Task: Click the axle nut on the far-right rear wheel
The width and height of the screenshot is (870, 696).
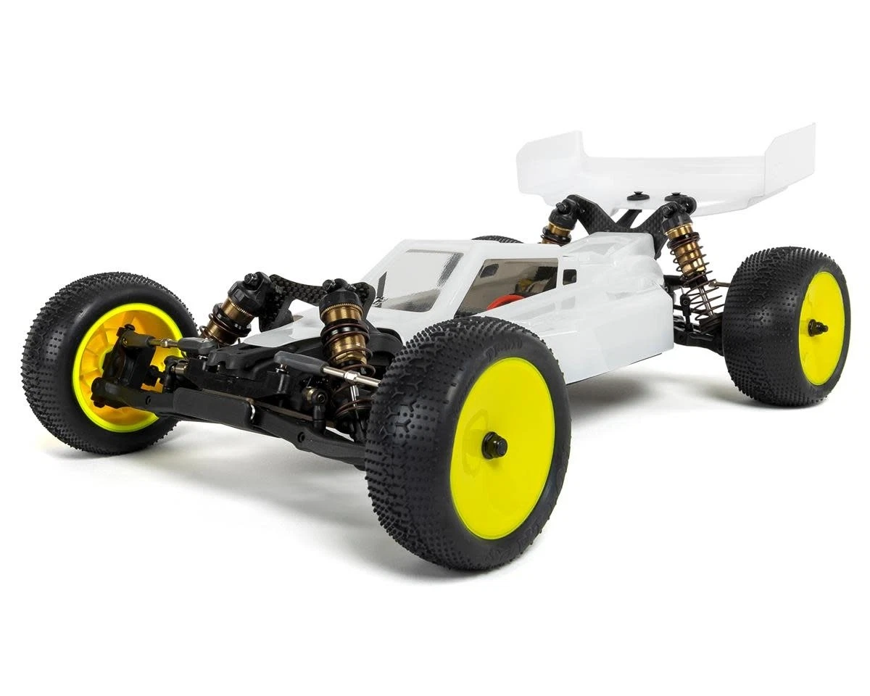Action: pos(817,328)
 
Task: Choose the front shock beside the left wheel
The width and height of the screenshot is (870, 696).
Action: pos(228,312)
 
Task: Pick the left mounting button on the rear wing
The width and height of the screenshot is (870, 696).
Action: pos(638,195)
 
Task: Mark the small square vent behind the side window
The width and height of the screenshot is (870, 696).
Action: pos(569,276)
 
